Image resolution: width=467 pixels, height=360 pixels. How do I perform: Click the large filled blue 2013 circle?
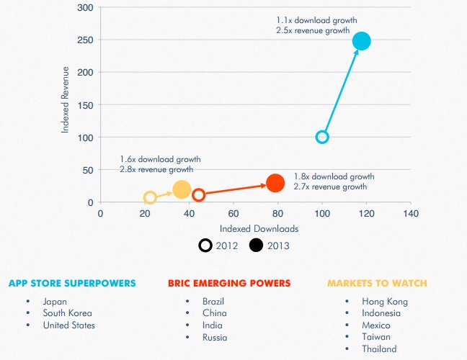point(361,41)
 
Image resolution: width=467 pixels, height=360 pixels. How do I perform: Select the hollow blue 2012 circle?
point(322,137)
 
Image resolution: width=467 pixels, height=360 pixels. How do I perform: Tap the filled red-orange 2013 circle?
point(275,183)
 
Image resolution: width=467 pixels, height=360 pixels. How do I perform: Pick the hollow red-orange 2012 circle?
point(199,194)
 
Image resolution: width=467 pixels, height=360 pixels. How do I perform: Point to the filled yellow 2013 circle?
point(182,189)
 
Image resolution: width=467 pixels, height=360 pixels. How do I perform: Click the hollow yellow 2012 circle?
point(150,197)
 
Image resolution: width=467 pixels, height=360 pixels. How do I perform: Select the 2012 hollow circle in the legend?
point(205,246)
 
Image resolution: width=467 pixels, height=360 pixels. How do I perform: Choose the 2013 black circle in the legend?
point(256,246)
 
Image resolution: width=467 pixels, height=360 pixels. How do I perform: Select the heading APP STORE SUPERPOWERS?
point(72,283)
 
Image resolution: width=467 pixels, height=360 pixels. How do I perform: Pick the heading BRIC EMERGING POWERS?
point(229,283)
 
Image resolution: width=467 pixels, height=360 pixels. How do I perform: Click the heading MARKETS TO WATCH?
point(377,283)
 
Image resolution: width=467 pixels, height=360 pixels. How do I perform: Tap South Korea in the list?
point(67,313)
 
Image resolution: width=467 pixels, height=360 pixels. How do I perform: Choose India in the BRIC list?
point(213,325)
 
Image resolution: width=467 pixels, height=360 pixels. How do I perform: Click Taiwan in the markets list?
point(376,337)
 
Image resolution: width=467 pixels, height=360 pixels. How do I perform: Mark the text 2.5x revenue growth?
point(313,31)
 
